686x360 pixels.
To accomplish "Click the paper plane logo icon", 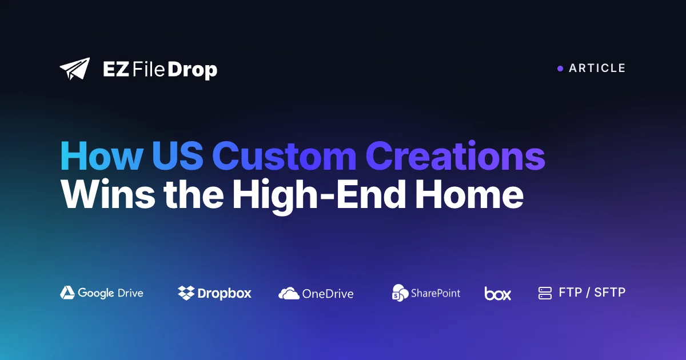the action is [x=75, y=69].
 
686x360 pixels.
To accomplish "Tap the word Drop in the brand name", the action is [x=192, y=70].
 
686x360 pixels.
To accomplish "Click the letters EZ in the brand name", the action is [x=115, y=69].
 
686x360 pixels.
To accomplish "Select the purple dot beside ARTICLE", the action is [x=560, y=69].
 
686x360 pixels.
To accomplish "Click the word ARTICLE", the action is [x=597, y=68].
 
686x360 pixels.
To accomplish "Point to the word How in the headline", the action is [x=102, y=156].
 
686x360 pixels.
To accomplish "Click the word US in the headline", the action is [x=178, y=156].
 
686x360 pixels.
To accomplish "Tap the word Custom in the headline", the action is [x=284, y=156].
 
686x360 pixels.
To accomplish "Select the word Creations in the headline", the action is [x=455, y=155].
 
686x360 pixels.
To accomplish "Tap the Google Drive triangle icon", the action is [x=67, y=293].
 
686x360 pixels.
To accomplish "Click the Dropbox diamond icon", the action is [x=186, y=293].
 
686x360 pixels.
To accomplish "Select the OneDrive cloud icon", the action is [x=289, y=293].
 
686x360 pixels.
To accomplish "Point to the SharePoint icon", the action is [x=400, y=293].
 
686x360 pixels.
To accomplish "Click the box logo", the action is [x=498, y=293].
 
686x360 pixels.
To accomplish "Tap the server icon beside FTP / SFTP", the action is [x=545, y=293].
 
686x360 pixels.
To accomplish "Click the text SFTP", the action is [x=610, y=293].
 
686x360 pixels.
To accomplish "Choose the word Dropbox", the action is [x=225, y=293].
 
